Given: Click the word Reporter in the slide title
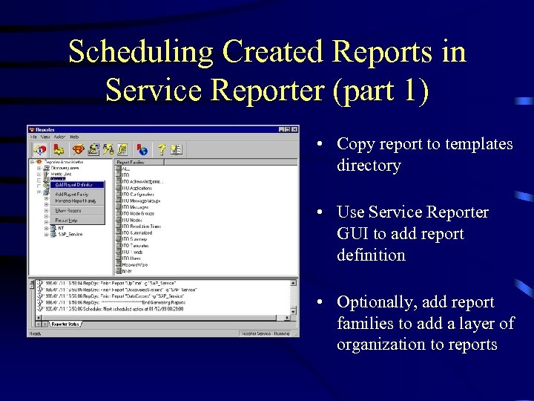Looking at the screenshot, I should coord(267,90).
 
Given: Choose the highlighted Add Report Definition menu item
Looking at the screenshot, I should coord(74,184).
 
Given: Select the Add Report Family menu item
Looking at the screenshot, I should coord(72,195).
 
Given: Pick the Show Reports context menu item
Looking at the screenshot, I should coord(68,210).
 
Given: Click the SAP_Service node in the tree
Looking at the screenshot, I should coord(70,234).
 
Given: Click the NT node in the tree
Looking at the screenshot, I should coord(62,227).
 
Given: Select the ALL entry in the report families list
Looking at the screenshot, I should coord(126,169).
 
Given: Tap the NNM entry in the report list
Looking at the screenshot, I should coord(127,271).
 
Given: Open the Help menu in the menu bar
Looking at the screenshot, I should coord(74,137).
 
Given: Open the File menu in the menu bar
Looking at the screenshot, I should coord(33,137).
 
